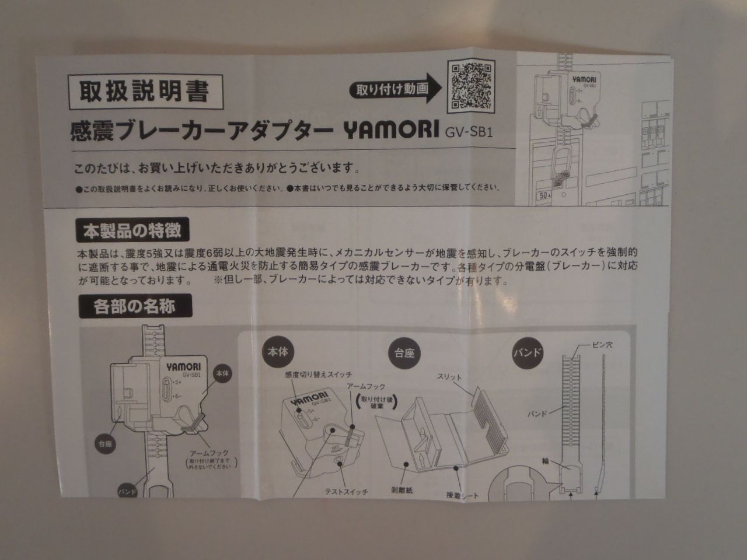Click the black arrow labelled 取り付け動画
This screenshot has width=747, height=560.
coord(397,89)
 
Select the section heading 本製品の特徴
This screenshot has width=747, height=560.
coord(128,230)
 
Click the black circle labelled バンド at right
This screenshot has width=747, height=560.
coord(528,352)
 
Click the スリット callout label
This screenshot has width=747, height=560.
coord(449,378)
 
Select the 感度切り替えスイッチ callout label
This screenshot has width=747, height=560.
coord(319,374)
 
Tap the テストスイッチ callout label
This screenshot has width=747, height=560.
coord(346,492)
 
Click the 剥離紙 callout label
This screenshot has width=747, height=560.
coord(402,492)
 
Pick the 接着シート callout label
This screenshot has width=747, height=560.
coord(461,495)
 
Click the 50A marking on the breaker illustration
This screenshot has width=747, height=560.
coord(544,197)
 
